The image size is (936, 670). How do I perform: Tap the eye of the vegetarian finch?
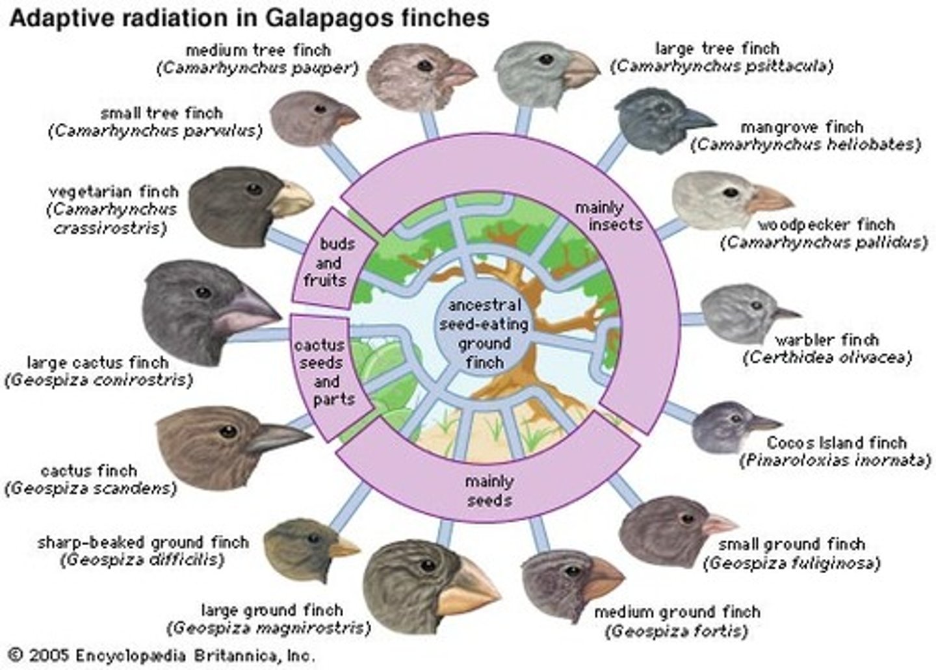tap(254, 189)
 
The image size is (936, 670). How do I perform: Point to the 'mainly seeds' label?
tap(489, 491)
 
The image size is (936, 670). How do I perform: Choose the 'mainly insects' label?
tap(608, 216)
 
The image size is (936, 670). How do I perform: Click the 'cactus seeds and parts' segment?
tap(329, 372)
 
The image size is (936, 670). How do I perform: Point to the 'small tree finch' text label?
tap(161, 112)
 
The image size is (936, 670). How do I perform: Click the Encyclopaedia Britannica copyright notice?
tap(162, 654)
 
